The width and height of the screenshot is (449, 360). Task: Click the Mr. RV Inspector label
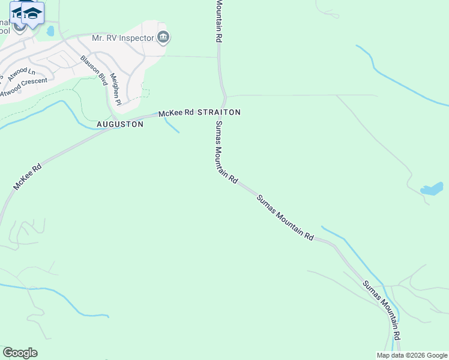tap(122, 38)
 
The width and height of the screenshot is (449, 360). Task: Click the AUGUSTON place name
tap(120, 124)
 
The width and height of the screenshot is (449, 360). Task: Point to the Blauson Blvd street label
tap(94, 70)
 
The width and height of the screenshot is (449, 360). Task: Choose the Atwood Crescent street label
tap(23, 88)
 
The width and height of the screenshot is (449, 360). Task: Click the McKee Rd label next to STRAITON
tap(176, 113)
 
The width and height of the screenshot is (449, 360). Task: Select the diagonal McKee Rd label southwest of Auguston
tap(27, 177)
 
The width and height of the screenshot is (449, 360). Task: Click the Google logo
tap(20, 353)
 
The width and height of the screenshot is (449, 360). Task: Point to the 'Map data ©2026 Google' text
tap(411, 355)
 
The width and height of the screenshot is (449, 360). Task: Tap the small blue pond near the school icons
tap(50, 31)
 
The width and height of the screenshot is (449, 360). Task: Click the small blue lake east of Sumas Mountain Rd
tap(432, 190)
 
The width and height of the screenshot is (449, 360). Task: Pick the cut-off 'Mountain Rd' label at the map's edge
tap(219, 19)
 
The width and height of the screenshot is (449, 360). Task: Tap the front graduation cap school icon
tap(33, 14)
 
